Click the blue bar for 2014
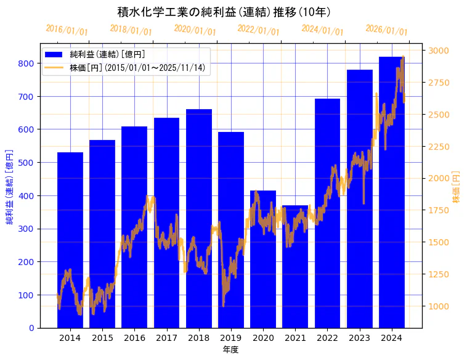coord(70,240)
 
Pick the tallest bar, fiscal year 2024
coord(392,192)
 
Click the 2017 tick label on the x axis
coord(166,338)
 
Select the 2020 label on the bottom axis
coord(263,338)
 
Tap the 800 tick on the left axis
coord(26,63)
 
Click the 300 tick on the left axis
coord(26,229)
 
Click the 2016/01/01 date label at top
coord(67,30)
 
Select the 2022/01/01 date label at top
coord(259,30)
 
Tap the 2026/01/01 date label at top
coord(387,30)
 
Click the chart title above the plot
coord(224,12)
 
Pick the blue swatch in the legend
coord(54,54)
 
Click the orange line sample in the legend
coord(54,67)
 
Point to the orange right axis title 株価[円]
coord(457,187)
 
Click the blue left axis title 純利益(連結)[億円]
coord(10,186)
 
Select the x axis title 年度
coord(230,350)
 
